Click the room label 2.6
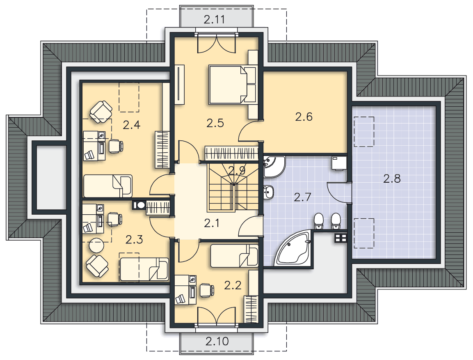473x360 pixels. click(304, 117)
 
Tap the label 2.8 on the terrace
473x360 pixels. click(392, 179)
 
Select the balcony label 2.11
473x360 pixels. click(214, 20)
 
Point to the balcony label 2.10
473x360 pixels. click(217, 341)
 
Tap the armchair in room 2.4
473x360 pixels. click(101, 112)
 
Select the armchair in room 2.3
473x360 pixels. click(97, 266)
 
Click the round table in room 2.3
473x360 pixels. click(96, 245)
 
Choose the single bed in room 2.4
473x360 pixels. click(108, 186)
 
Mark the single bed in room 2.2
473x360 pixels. click(234, 256)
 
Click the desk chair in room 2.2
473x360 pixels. click(207, 290)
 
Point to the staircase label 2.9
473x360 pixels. click(237, 170)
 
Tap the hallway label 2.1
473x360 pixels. click(211, 223)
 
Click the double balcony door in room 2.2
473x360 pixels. click(216, 316)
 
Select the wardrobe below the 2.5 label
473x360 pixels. click(231, 153)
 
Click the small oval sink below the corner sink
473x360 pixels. click(268, 192)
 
